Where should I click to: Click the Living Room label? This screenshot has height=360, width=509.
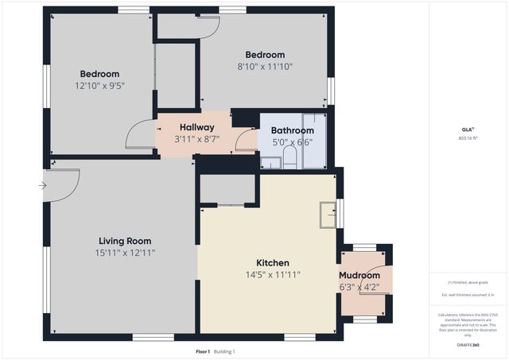tap(125, 241)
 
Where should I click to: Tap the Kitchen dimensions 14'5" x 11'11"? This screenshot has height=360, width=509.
tap(272, 277)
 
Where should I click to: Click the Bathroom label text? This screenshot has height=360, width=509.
tap(293, 130)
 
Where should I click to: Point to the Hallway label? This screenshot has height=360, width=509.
tap(196, 127)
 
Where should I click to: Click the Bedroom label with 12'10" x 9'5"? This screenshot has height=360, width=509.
tap(99, 74)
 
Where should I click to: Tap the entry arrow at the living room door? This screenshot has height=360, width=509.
tap(41, 187)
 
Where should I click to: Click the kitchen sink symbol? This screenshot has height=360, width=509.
tap(328, 215)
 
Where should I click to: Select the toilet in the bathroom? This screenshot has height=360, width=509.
tap(291, 157)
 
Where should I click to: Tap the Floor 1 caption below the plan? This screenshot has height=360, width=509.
tap(203, 350)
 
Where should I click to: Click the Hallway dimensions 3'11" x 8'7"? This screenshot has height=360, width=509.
tap(196, 139)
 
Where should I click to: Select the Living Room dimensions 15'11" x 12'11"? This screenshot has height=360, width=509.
tap(125, 253)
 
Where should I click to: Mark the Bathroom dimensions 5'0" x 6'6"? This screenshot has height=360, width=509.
tap(293, 142)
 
